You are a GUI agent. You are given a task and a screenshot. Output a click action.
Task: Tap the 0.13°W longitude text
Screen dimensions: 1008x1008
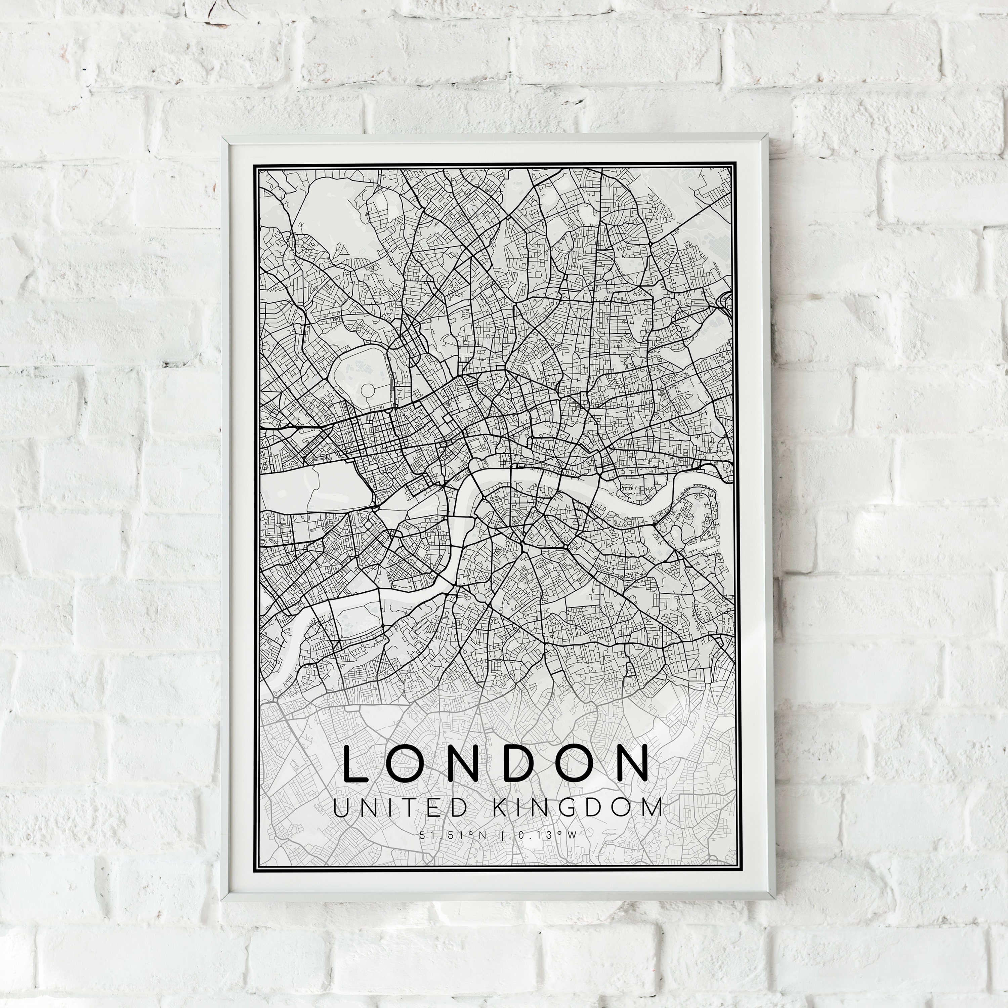[547, 835]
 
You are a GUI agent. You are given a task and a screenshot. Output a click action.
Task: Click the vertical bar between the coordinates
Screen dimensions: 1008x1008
[502, 835]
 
